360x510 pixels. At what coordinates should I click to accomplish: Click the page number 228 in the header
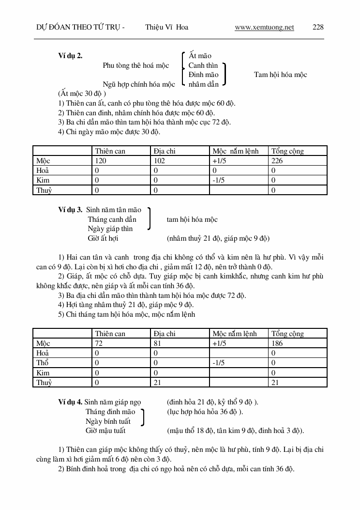318,27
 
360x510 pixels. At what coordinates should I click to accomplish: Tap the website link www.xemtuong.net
264,27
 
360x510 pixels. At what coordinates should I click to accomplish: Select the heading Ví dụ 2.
70,56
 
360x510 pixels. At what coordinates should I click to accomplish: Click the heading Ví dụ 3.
70,210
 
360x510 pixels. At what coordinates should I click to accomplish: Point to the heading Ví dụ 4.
70,402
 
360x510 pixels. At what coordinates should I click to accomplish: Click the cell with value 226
277,161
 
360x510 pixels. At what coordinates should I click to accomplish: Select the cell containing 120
101,161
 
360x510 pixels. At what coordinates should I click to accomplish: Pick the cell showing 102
159,161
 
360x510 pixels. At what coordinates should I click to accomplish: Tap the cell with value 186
277,343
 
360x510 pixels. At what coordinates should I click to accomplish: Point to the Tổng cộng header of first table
287,151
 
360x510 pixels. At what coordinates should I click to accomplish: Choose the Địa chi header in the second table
165,334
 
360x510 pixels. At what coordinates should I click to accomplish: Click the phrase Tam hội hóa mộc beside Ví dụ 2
280,75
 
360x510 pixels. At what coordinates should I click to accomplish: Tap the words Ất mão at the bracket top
200,56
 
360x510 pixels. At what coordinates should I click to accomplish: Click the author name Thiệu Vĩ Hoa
166,27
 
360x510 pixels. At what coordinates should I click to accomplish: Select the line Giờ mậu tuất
105,431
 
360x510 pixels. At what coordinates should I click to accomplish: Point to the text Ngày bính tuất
108,421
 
